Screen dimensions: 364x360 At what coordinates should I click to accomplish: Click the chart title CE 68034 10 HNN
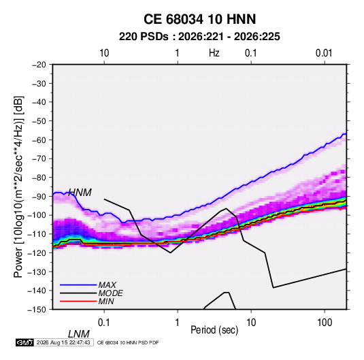199,19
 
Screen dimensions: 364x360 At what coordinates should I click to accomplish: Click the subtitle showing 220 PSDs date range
199,37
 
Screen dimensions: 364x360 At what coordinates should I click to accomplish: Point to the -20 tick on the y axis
39,65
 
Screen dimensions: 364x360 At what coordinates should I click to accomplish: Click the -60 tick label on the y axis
39,140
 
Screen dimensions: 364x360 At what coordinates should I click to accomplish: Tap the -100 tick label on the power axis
37,215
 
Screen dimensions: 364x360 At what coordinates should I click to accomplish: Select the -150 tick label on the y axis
37,310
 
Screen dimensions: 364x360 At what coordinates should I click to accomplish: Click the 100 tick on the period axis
325,323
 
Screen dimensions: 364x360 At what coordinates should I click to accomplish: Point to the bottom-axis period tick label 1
178,323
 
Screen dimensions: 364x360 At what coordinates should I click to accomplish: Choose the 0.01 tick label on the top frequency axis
324,53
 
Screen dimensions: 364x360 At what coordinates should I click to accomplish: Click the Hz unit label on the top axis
214,53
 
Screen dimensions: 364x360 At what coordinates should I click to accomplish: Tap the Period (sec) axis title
214,330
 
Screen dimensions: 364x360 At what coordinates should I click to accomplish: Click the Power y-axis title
18,187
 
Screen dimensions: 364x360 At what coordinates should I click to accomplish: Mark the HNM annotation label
80,193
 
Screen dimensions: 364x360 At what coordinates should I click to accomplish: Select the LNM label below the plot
78,334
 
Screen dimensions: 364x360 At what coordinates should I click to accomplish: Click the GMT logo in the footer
24,342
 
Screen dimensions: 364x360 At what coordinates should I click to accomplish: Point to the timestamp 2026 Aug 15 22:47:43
63,342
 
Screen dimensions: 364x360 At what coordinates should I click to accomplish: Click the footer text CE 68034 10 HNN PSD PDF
128,342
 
